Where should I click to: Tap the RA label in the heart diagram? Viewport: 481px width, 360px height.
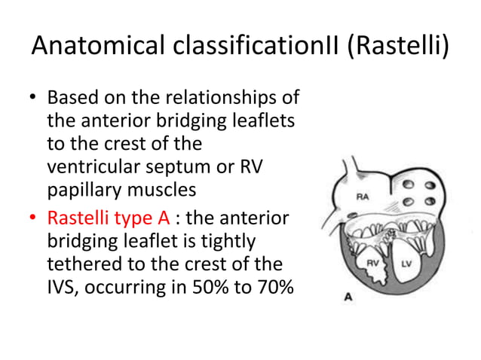click(x=363, y=197)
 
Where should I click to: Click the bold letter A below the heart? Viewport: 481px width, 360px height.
click(x=348, y=297)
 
